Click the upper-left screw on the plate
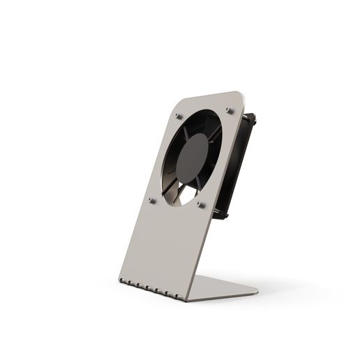pos(179,115)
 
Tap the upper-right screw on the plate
pos(230,110)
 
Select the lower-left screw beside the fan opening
pos(152,201)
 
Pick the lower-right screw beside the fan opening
pos(201,204)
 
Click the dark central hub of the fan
pos(192,157)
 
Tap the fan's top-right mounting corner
pos(256,120)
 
